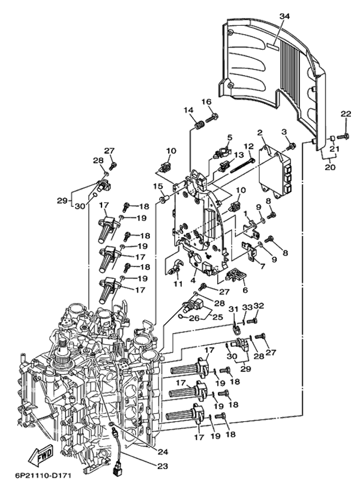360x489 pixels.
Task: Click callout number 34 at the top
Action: (284, 16)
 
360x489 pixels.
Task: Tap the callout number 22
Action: (346, 114)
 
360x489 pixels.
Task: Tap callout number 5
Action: (229, 137)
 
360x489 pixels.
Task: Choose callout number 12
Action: (247, 146)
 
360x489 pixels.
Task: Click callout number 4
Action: (193, 280)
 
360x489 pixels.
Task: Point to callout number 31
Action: (234, 309)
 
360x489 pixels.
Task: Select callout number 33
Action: (247, 307)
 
